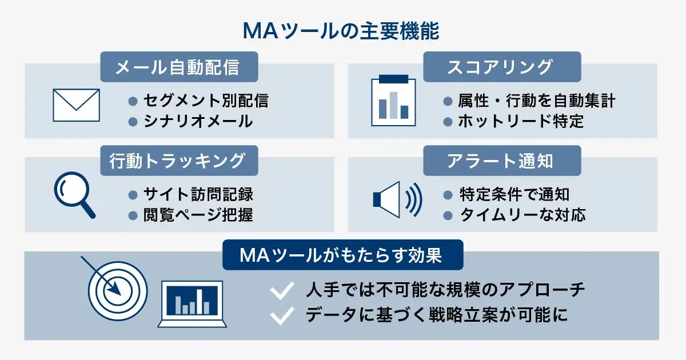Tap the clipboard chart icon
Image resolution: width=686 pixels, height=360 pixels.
coord(393,100)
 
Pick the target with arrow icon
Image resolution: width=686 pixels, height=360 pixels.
coord(117,289)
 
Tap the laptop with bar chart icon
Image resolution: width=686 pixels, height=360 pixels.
coord(192,303)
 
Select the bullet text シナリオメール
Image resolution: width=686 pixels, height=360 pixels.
coord(197,121)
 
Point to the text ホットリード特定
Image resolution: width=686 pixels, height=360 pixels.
coord(521,121)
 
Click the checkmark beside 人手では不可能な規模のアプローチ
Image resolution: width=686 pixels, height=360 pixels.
coord(281,291)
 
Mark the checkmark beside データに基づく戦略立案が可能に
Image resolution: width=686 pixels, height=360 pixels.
coord(281,315)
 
